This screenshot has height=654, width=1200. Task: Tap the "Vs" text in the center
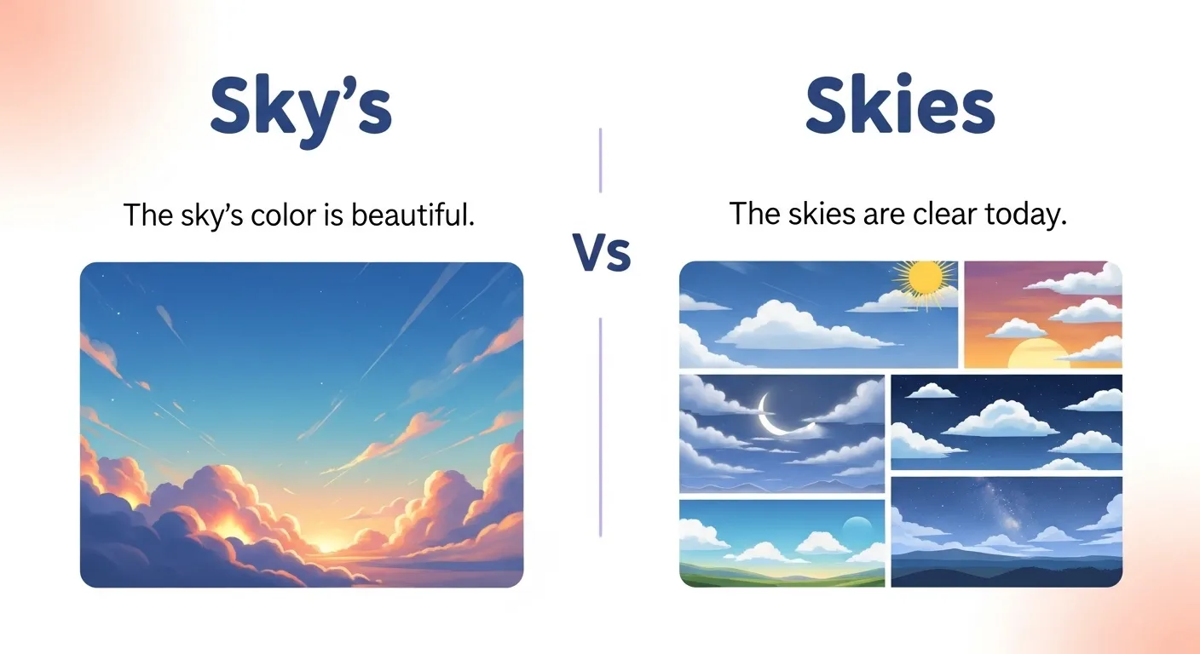pos(601,253)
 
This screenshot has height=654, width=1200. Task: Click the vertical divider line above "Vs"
pos(601,160)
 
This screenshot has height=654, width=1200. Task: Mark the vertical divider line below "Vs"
pos(601,426)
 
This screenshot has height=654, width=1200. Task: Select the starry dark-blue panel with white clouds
pos(1007,422)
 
